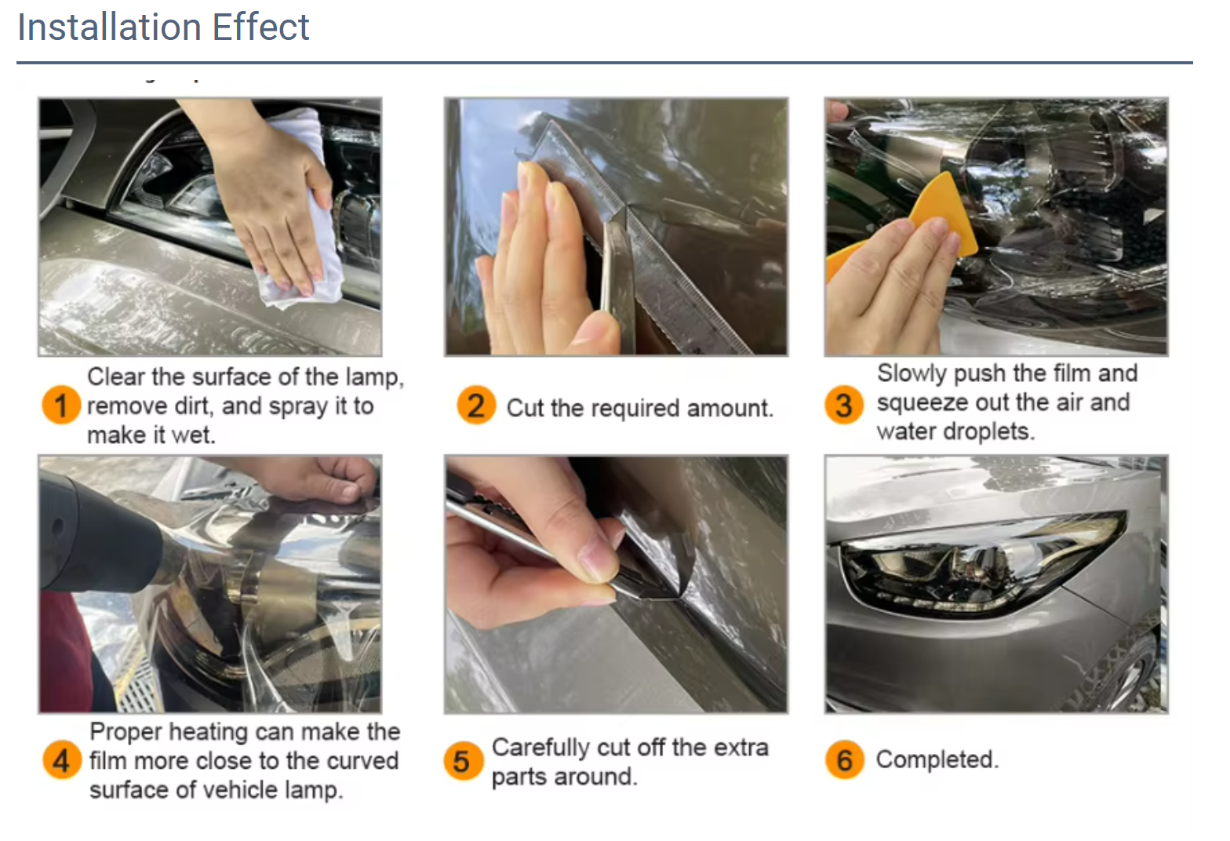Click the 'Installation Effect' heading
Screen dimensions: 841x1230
tap(163, 27)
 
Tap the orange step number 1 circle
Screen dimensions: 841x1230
tap(60, 406)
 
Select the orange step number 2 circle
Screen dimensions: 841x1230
tap(476, 406)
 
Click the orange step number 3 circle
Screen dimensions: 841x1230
tap(844, 406)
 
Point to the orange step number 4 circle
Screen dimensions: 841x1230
tap(62, 760)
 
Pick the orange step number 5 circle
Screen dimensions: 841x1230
tap(463, 760)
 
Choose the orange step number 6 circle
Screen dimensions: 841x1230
tap(844, 760)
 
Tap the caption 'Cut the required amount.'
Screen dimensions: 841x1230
tap(639, 408)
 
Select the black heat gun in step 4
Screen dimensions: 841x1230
tap(94, 541)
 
